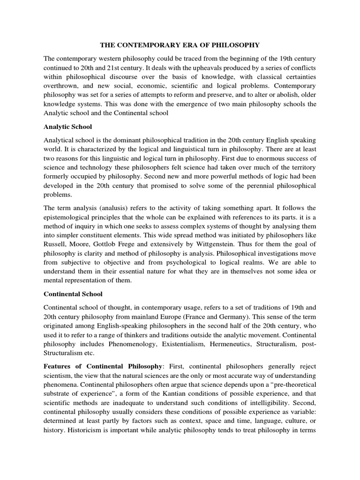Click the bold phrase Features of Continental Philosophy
(102, 365)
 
